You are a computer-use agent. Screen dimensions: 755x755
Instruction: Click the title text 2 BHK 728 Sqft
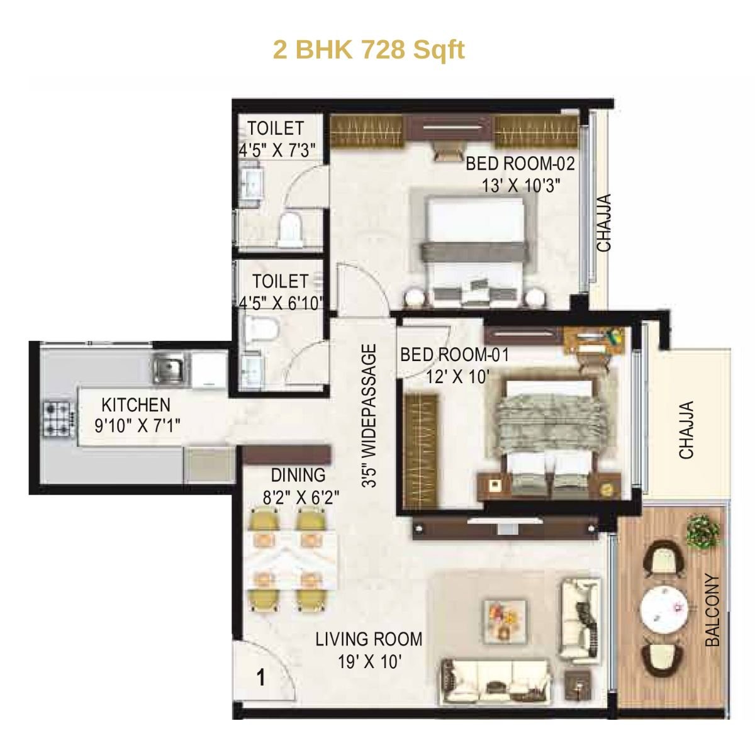(369, 49)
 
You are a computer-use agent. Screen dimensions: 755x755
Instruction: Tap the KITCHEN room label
(136, 405)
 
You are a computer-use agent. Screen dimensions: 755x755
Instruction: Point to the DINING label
(298, 475)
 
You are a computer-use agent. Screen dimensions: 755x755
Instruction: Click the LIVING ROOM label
(369, 639)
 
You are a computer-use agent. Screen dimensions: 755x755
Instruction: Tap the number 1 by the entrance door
(260, 679)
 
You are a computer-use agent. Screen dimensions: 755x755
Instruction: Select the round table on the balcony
(663, 610)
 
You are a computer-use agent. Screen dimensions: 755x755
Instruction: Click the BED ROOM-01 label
(454, 355)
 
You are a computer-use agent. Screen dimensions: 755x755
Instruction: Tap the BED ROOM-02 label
(520, 164)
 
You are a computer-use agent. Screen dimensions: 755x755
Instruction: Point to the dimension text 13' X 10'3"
(521, 186)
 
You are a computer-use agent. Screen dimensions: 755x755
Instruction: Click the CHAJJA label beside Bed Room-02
(604, 223)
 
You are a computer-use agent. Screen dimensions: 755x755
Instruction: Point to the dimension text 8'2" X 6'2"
(301, 498)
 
